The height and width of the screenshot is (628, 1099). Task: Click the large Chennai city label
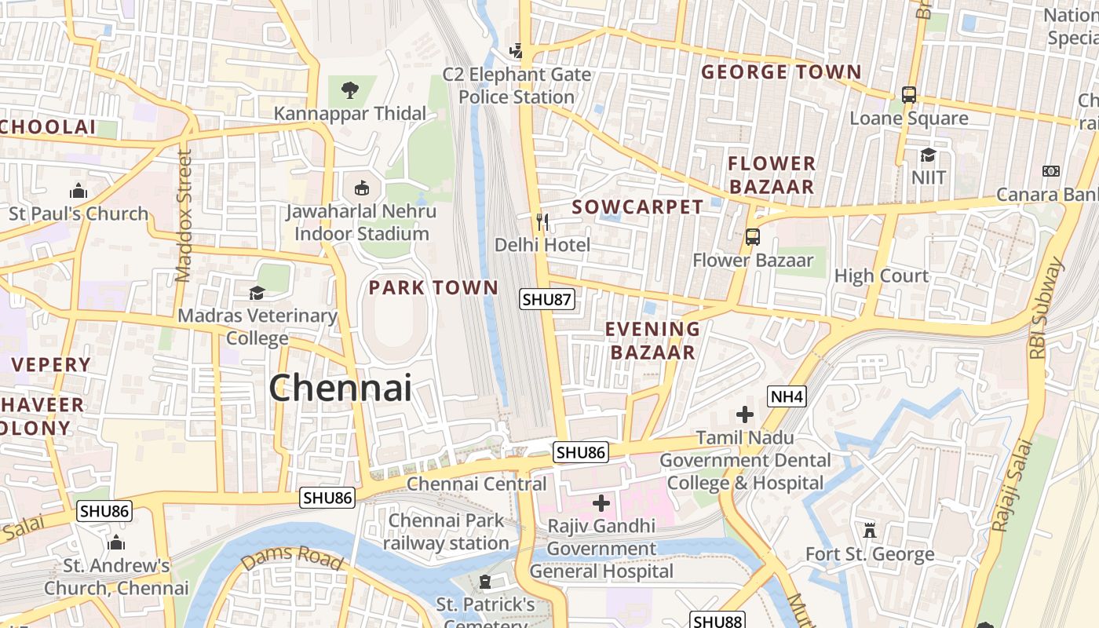pyautogui.click(x=340, y=388)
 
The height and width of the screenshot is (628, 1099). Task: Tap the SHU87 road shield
pyautogui.click(x=547, y=299)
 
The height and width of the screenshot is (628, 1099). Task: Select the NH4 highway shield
pyautogui.click(x=787, y=397)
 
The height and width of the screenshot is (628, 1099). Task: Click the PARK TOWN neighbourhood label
pyautogui.click(x=433, y=288)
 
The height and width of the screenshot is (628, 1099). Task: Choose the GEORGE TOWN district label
pyautogui.click(x=781, y=72)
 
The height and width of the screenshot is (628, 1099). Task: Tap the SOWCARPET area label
pyautogui.click(x=637, y=207)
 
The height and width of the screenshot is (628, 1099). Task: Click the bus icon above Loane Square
pyautogui.click(x=909, y=95)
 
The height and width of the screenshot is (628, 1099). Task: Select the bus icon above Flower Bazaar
pyautogui.click(x=752, y=236)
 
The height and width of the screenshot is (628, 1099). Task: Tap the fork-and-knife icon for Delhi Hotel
pyautogui.click(x=542, y=221)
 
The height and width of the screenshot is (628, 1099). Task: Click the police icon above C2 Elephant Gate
pyautogui.click(x=516, y=51)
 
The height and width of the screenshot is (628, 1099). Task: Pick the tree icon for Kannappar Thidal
pyautogui.click(x=350, y=90)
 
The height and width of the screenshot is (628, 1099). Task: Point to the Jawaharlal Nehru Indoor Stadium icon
pyautogui.click(x=361, y=188)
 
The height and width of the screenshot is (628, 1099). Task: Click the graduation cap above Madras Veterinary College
pyautogui.click(x=257, y=293)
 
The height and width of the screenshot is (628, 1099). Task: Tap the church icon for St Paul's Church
pyautogui.click(x=78, y=191)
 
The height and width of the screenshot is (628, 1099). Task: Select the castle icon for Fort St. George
pyautogui.click(x=869, y=531)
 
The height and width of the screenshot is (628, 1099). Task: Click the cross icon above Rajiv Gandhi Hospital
pyautogui.click(x=601, y=502)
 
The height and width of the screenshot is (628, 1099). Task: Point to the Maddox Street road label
pyautogui.click(x=184, y=216)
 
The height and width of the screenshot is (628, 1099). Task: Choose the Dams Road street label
pyautogui.click(x=291, y=557)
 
